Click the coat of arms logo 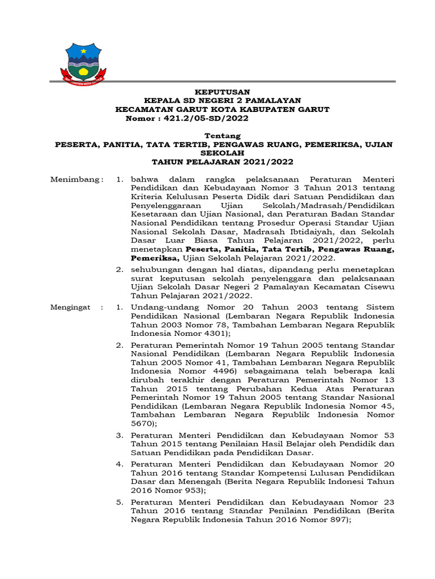(83, 61)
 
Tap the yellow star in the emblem (83, 51)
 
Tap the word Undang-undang (159, 308)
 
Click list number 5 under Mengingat (119, 502)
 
